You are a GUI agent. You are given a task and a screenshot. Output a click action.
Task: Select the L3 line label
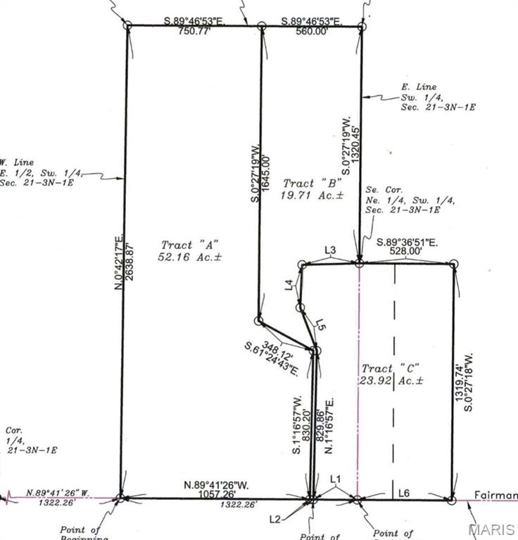pos(330,251)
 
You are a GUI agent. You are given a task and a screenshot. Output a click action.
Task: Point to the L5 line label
pos(320,325)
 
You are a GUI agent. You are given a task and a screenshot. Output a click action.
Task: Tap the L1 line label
pos(336,480)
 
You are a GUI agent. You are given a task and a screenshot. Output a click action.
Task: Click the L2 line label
pos(274,519)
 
